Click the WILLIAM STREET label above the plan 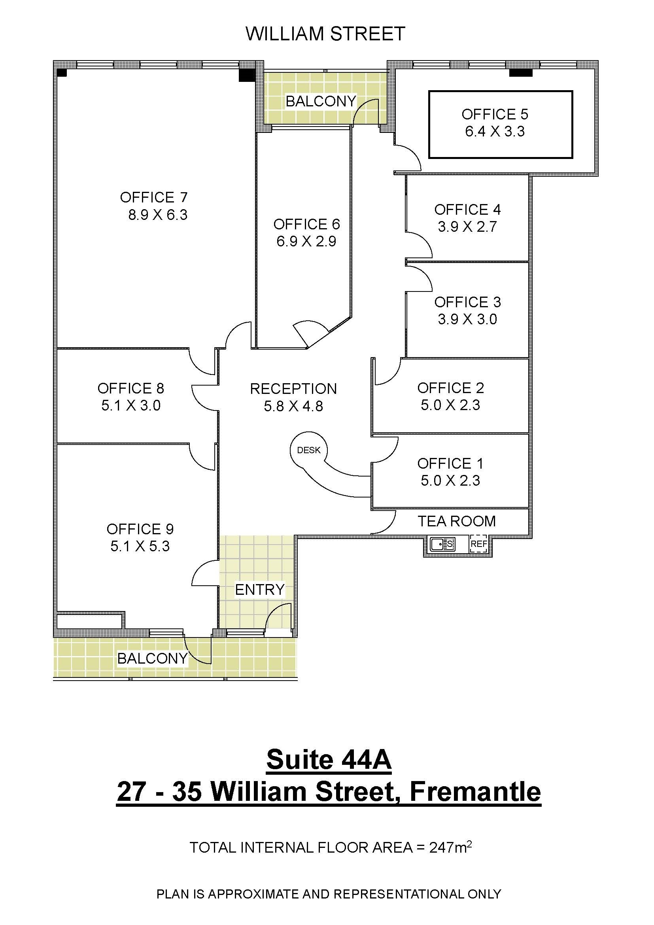[x=325, y=34]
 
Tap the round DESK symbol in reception [x=308, y=450]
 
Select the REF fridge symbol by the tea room [x=479, y=544]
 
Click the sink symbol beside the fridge [x=442, y=544]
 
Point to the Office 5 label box [x=501, y=124]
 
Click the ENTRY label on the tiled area [x=260, y=590]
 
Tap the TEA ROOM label [x=457, y=521]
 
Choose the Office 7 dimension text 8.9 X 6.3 [x=158, y=215]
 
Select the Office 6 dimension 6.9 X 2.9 [x=306, y=241]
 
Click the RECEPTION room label [x=293, y=389]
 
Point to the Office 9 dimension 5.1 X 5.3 [x=140, y=546]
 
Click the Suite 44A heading [x=329, y=760]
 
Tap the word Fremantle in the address [x=475, y=792]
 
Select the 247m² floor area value [x=450, y=847]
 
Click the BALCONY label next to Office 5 [x=321, y=101]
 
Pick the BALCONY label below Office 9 [x=153, y=658]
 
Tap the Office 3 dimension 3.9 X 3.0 [x=467, y=319]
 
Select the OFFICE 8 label [x=131, y=388]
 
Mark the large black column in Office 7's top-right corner [x=247, y=76]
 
